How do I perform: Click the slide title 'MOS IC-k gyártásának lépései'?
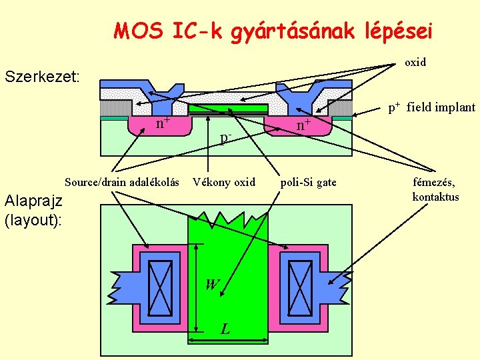[x=273, y=31]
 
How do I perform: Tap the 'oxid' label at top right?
[x=415, y=62]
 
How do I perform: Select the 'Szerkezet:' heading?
[x=42, y=77]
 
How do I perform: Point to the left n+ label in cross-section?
[x=163, y=123]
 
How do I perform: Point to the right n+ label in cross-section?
[x=303, y=123]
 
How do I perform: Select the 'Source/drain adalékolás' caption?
[x=121, y=182]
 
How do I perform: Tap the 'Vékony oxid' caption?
[x=224, y=182]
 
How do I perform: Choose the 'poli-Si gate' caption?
[x=309, y=182]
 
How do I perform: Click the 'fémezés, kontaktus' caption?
[x=435, y=189]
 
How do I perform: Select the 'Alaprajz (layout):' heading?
[x=33, y=209]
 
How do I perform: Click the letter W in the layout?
[x=212, y=285]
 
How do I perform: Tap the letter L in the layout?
[x=226, y=329]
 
